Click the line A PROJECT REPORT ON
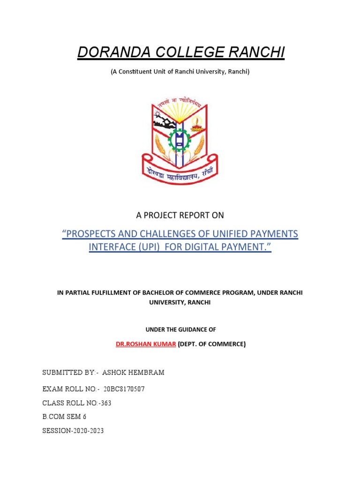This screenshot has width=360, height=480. (180, 215)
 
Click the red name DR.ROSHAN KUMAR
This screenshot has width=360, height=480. (146, 344)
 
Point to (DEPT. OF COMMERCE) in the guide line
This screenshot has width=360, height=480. (211, 344)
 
